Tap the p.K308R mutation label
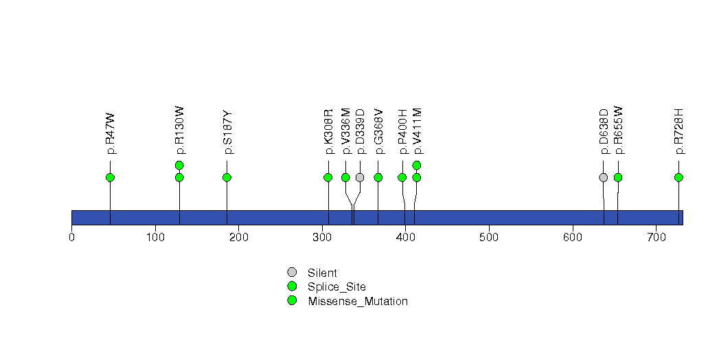pos(328,131)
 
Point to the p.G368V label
pos(378,131)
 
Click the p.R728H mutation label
pos(678,131)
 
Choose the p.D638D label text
pos(604,131)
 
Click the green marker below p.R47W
pos(110,177)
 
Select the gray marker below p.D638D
pos(604,177)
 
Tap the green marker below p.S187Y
pos(227,177)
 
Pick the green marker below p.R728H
pos(678,177)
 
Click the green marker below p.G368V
pos(378,177)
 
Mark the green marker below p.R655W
pos(618,177)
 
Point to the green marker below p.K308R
pos(328,177)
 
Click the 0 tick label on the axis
pos(71,237)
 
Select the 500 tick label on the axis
pos(489,237)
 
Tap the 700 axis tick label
pos(656,237)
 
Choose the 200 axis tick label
pos(238,237)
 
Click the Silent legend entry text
pos(322,273)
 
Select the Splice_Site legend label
pos(336,286)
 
